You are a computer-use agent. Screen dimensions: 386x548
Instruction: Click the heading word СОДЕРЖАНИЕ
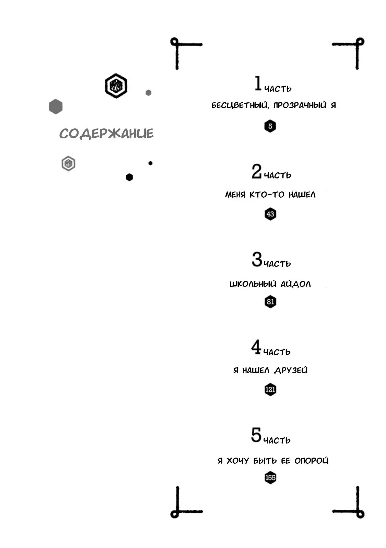pyautogui.click(x=106, y=134)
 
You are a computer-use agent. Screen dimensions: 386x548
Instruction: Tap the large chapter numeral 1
pyautogui.click(x=258, y=83)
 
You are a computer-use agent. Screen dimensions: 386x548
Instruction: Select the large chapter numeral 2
pyautogui.click(x=257, y=171)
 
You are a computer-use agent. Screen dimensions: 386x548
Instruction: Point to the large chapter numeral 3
pyautogui.click(x=257, y=259)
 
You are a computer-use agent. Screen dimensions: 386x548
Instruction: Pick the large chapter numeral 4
pyautogui.click(x=256, y=347)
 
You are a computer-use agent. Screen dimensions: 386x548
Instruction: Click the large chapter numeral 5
pyautogui.click(x=256, y=435)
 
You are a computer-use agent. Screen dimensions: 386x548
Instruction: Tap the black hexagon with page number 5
pyautogui.click(x=270, y=126)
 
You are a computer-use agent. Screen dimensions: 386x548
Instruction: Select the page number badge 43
pyautogui.click(x=270, y=214)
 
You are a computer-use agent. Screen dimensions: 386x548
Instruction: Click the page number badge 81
pyautogui.click(x=270, y=302)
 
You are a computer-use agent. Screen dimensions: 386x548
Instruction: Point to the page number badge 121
pyautogui.click(x=270, y=389)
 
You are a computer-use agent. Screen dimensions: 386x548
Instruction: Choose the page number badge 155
pyautogui.click(x=270, y=477)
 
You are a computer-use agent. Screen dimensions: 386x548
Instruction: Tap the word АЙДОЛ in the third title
pyautogui.click(x=295, y=284)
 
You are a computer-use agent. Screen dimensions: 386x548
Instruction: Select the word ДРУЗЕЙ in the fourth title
pyautogui.click(x=291, y=370)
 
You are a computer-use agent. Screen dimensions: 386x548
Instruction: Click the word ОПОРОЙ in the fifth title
pyautogui.click(x=312, y=461)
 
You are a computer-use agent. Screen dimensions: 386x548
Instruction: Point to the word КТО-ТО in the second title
pyautogui.click(x=267, y=195)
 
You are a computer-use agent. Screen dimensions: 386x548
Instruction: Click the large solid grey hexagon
pyautogui.click(x=56, y=107)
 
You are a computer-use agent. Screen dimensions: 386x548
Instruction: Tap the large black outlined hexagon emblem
pyautogui.click(x=116, y=86)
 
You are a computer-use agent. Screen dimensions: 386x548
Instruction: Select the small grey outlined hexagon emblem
pyautogui.click(x=68, y=163)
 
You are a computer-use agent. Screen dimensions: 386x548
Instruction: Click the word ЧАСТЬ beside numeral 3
pyautogui.click(x=277, y=264)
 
